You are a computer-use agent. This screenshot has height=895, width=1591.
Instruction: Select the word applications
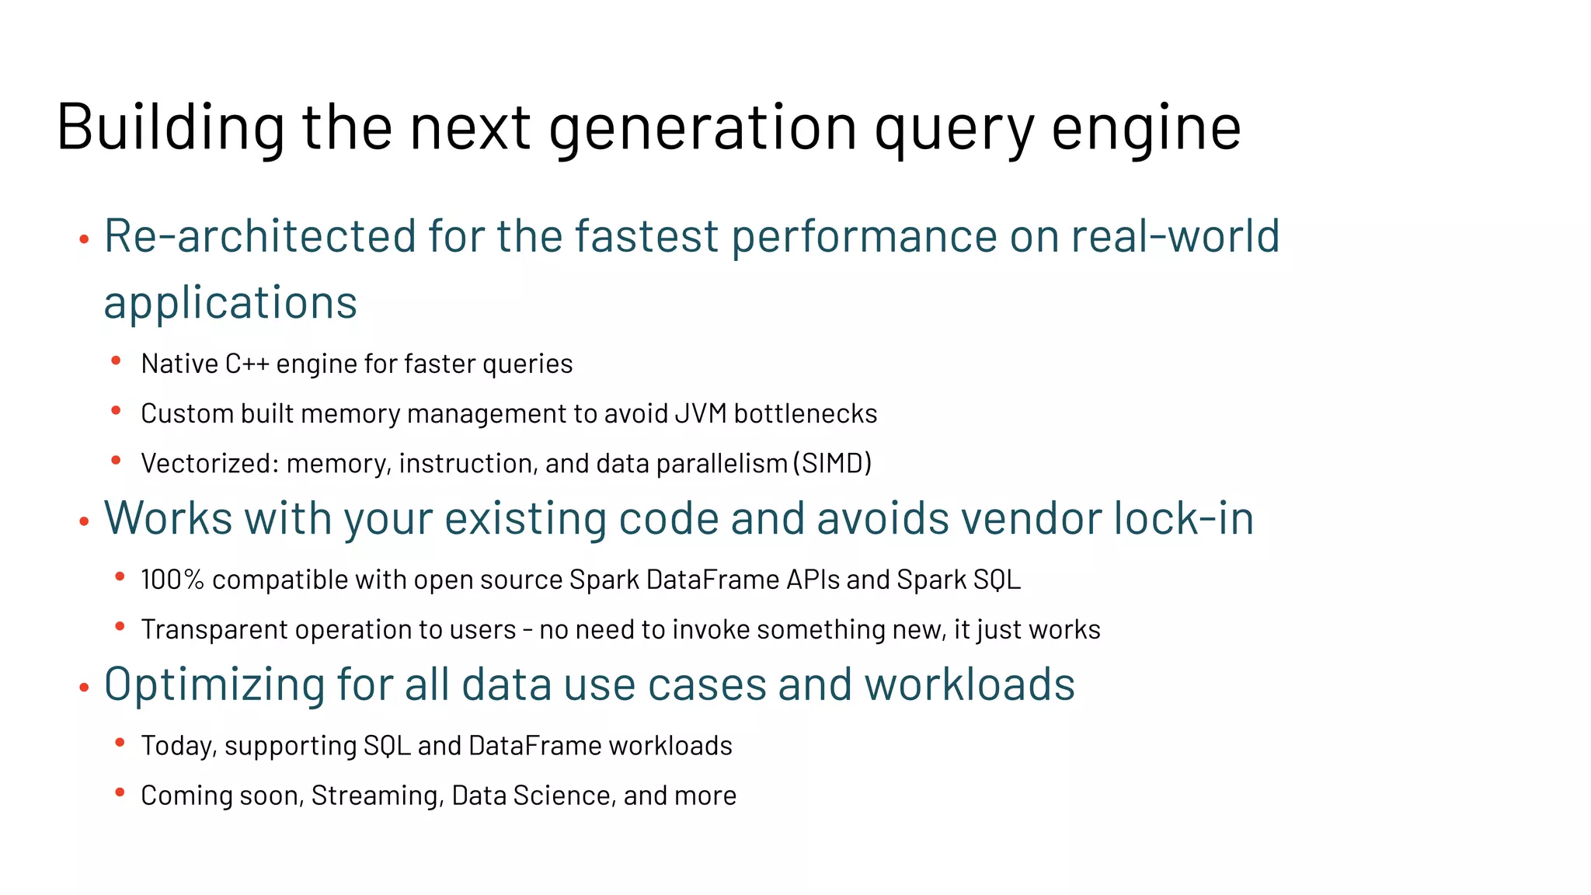pos(231,303)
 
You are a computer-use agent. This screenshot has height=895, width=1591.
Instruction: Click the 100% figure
pos(172,580)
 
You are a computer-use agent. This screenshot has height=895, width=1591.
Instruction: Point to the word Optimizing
pos(214,685)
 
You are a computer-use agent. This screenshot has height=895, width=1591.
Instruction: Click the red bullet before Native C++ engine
pos(116,360)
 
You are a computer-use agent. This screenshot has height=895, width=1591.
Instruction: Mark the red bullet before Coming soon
pos(120,792)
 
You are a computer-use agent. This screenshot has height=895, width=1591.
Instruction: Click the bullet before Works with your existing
pos(85,522)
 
